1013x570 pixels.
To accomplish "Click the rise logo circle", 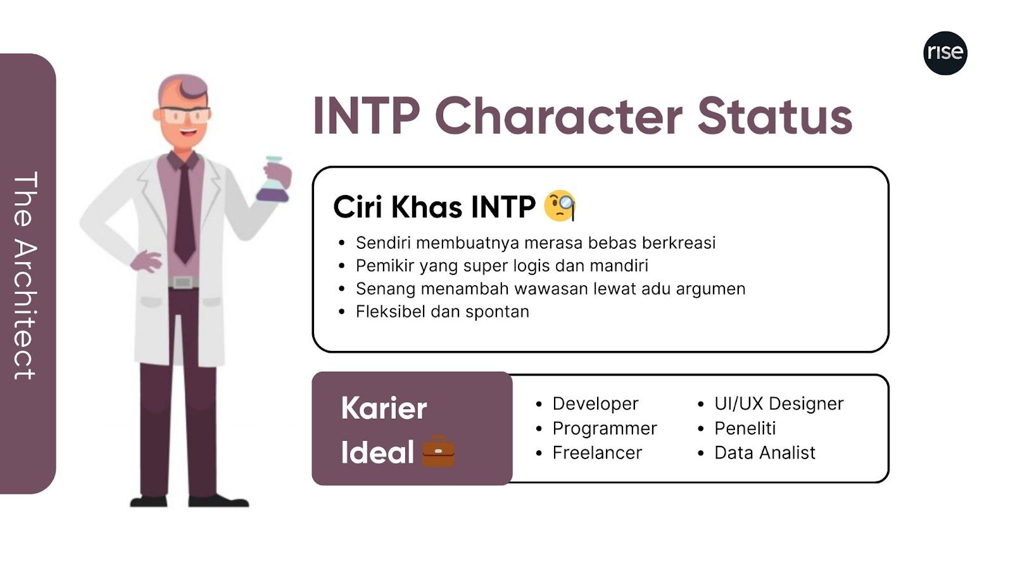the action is pyautogui.click(x=945, y=53).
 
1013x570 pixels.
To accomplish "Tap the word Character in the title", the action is pyautogui.click(x=558, y=117).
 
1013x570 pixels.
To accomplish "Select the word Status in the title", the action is pyautogui.click(x=775, y=117).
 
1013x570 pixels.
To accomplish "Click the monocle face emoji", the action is pyautogui.click(x=560, y=206).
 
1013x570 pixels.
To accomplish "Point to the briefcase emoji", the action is pyautogui.click(x=438, y=452).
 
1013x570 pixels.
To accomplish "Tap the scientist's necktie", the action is pyautogui.click(x=184, y=213).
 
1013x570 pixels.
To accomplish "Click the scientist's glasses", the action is pyautogui.click(x=185, y=115).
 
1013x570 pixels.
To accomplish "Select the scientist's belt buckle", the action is pyautogui.click(x=183, y=282).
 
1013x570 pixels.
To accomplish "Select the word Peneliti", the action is pyautogui.click(x=745, y=428).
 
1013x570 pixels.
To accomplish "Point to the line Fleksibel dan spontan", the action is pyautogui.click(x=443, y=312).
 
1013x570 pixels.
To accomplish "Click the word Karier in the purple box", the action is pyautogui.click(x=384, y=408).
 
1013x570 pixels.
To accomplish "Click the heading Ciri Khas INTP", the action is pyautogui.click(x=434, y=207).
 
